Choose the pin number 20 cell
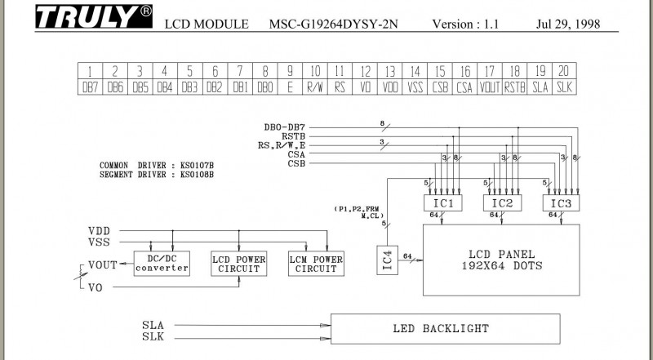click(564, 71)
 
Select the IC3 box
click(562, 202)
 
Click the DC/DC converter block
click(162, 264)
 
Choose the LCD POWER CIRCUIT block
click(238, 264)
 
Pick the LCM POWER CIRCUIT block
click(316, 264)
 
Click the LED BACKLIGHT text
click(441, 329)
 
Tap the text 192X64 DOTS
click(501, 267)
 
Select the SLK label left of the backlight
click(153, 336)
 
